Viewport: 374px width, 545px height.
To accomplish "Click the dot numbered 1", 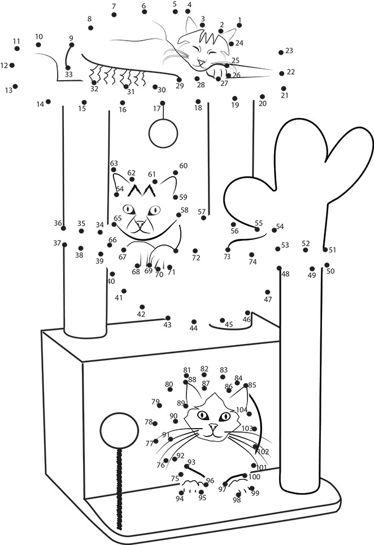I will pyautogui.click(x=239, y=26).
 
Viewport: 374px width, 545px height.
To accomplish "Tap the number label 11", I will pyautogui.click(x=16, y=41).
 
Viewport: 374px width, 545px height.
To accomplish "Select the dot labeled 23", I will pyautogui.click(x=281, y=53).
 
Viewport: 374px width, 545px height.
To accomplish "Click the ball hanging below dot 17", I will pyautogui.click(x=163, y=133).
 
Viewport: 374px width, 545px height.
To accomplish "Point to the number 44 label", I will pyautogui.click(x=194, y=329).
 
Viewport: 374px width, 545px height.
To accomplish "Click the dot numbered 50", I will pyautogui.click(x=327, y=264).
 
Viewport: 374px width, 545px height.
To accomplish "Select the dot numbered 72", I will pyautogui.click(x=195, y=251).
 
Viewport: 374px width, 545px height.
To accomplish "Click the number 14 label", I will pyautogui.click(x=40, y=104).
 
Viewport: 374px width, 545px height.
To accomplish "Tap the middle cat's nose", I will pyautogui.click(x=140, y=224).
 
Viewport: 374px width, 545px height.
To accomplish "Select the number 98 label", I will pyautogui.click(x=237, y=500).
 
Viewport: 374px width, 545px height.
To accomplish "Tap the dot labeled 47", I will pyautogui.click(x=268, y=292).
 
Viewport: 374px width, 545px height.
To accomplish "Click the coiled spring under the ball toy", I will pyautogui.click(x=119, y=486).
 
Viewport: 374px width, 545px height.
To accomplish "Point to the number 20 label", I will pyautogui.click(x=262, y=104).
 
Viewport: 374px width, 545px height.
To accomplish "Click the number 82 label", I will pyautogui.click(x=205, y=369).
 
